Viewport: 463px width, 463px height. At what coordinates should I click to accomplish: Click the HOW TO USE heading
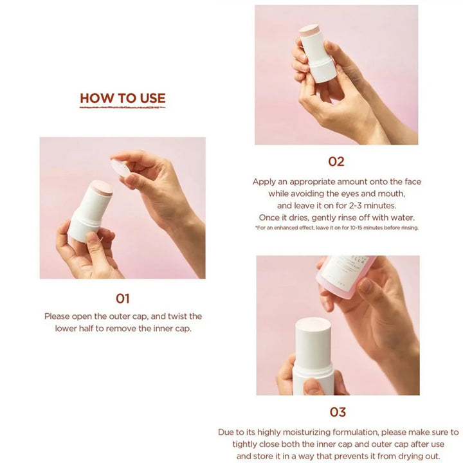(x=123, y=98)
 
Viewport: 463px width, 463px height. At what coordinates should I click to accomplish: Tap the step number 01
(x=123, y=298)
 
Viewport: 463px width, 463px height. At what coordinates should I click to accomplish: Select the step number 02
(x=336, y=161)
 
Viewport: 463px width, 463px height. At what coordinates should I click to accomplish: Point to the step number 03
(x=338, y=412)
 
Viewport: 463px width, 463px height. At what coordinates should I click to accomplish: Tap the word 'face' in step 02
(x=413, y=181)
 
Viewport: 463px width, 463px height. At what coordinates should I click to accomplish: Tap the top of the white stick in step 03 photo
(x=313, y=323)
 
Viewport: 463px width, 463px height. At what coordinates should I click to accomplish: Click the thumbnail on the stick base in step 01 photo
(x=93, y=237)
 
